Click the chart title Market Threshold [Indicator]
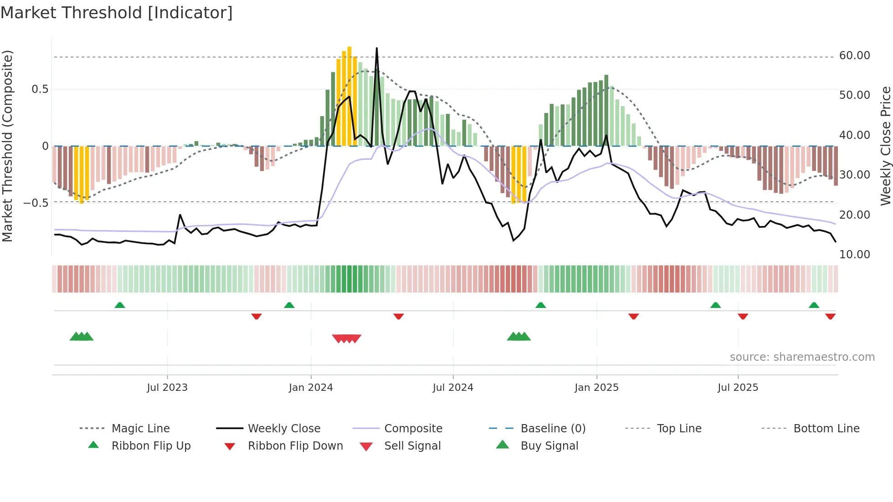(117, 13)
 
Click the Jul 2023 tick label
(167, 388)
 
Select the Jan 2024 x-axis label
(311, 388)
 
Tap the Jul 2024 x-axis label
(453, 388)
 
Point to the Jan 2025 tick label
(596, 388)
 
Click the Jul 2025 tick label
(738, 388)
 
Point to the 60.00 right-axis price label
(854, 56)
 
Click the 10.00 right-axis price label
(854, 255)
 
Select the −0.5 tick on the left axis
(36, 203)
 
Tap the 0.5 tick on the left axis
(40, 89)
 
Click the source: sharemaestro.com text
(802, 357)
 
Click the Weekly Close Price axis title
(885, 146)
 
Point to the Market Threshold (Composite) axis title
(7, 146)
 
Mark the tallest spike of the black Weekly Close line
(377, 48)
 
